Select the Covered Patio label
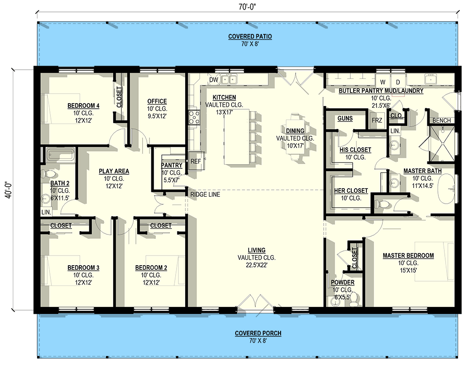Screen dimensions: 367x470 point(250,37)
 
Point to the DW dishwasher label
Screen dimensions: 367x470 point(213,80)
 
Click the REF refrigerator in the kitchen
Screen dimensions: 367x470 point(196,161)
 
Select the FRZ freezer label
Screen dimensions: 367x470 point(376,120)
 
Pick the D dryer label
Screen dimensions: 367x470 point(398,82)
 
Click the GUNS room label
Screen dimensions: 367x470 point(345,118)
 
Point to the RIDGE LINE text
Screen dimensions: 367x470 point(205,195)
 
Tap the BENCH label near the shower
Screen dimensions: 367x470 point(442,121)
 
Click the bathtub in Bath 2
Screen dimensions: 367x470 point(60,155)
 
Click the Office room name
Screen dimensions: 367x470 point(157,101)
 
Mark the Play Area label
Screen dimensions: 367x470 point(114,171)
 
